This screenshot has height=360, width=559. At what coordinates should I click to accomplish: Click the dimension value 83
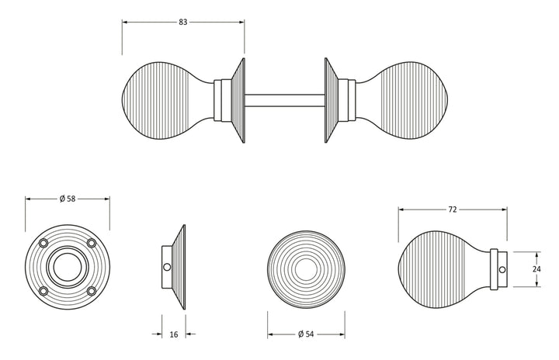point(182,22)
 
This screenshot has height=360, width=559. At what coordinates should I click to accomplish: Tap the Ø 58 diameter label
point(68,199)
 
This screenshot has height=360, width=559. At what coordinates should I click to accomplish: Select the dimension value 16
point(174,334)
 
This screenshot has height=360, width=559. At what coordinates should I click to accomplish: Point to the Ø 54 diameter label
point(306,334)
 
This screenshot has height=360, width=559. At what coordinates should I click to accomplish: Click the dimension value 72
point(452,209)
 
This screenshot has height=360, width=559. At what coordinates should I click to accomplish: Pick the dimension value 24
point(536,269)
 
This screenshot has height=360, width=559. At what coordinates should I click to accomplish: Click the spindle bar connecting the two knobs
point(284,101)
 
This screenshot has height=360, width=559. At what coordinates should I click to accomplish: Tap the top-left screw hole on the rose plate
point(43,243)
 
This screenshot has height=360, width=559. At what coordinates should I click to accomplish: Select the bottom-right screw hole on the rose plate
point(92,291)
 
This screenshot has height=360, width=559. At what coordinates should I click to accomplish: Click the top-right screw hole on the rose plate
point(92,243)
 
